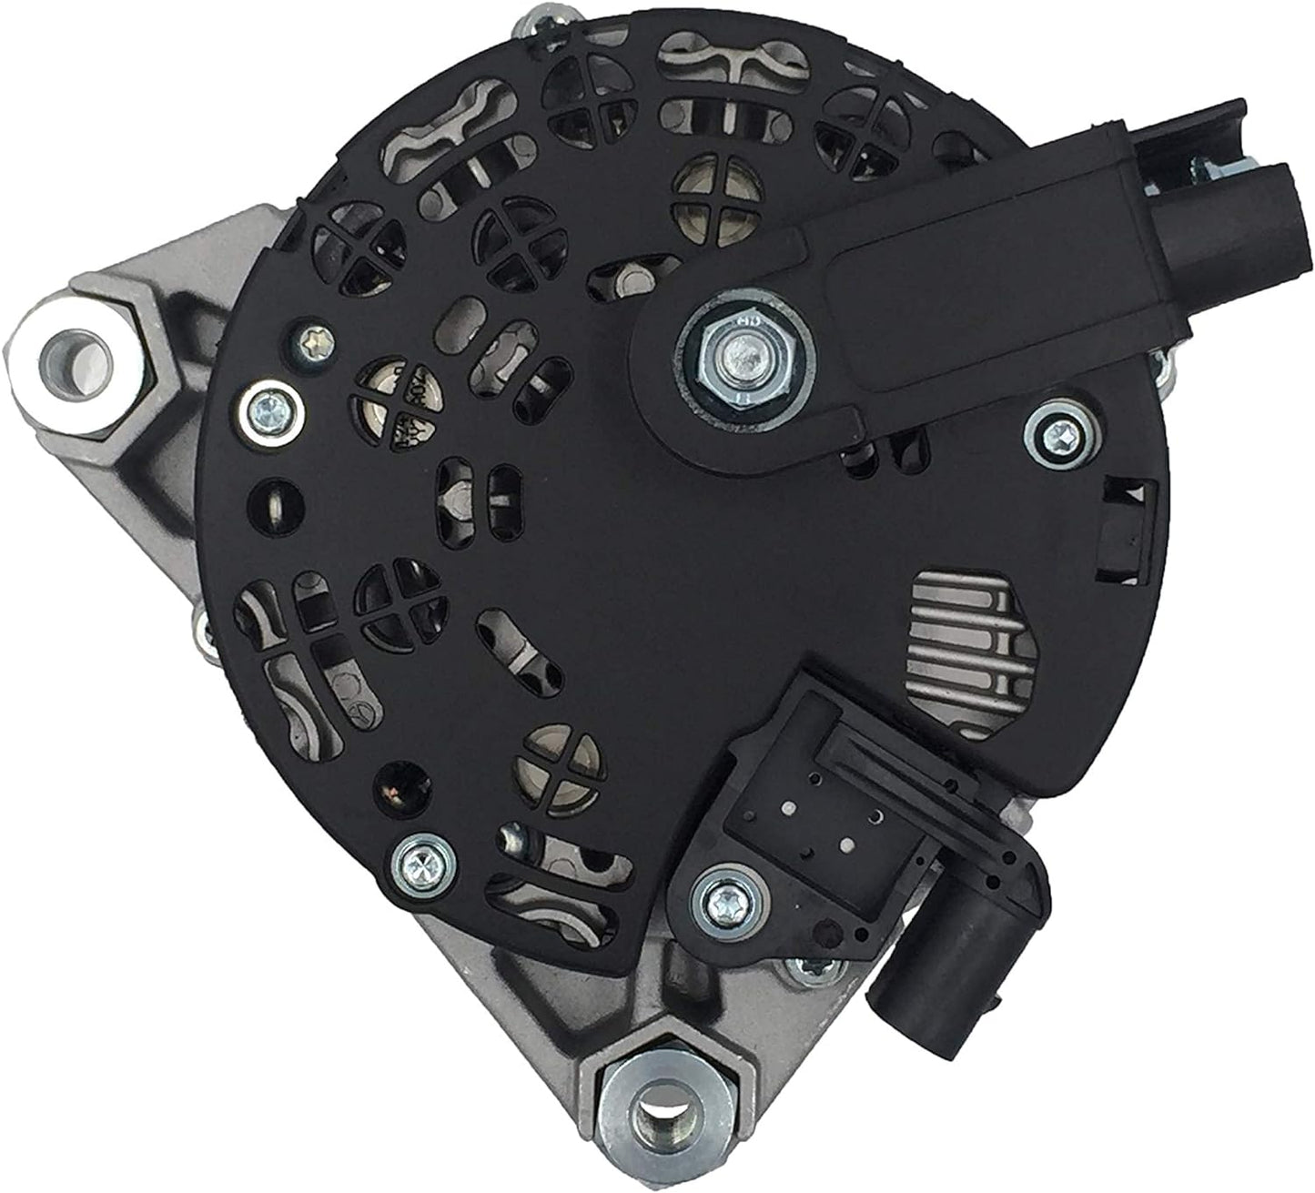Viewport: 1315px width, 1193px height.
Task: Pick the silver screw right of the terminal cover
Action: click(x=1056, y=425)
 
